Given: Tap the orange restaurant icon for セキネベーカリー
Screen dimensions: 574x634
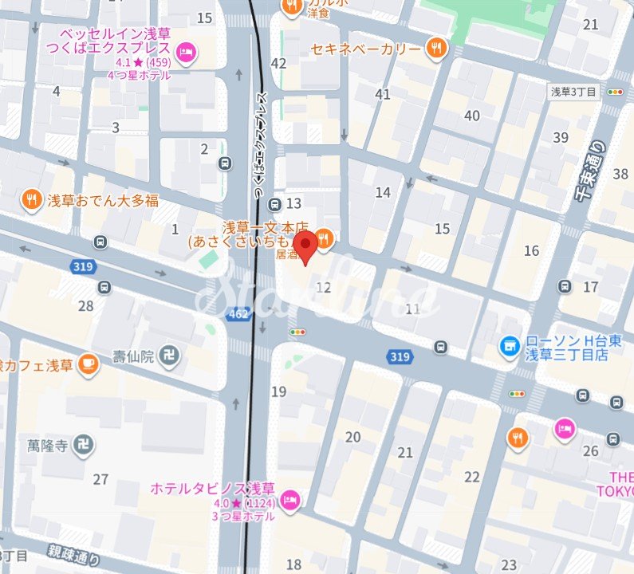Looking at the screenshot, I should click(435, 48).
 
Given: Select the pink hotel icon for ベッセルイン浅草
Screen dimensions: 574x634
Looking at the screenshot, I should click(187, 53).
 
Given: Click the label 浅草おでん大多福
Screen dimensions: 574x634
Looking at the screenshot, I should click(102, 200).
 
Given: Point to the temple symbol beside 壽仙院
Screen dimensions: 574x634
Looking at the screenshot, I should click(169, 354).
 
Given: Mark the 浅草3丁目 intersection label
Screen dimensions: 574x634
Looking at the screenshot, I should click(574, 92).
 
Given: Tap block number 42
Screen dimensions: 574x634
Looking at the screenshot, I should click(278, 63).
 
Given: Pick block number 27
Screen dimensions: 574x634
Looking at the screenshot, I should click(100, 479).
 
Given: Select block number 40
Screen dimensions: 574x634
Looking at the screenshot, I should click(472, 116).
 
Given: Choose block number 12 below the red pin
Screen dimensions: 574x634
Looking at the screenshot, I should click(323, 288).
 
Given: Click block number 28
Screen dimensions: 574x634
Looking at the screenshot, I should click(85, 306).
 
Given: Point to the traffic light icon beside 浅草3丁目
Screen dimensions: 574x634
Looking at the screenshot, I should click(614, 92).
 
